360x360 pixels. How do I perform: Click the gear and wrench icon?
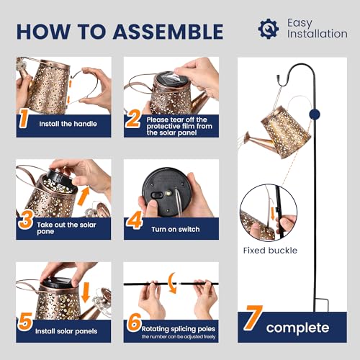pos(269,29)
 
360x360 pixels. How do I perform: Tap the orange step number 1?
pos(24,119)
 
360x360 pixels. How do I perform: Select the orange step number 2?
pos(132,119)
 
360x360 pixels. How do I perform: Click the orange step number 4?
pos(134,220)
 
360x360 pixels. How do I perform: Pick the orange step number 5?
pos(25,322)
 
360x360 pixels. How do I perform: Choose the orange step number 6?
pos(134,322)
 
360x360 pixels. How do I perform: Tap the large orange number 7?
pos(252,318)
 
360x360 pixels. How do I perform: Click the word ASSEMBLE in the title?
pos(168,32)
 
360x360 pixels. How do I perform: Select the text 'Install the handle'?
pos(68,124)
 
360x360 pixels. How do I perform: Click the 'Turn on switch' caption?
pos(176,230)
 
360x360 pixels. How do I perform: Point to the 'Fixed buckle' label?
pos(270,251)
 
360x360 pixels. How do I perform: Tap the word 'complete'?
pos(297,328)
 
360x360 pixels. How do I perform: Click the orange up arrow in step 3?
pos(84,195)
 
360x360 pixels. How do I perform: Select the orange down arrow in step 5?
pos(86,292)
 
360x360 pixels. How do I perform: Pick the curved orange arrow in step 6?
pos(172,283)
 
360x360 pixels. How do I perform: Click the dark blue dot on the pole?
pos(315,115)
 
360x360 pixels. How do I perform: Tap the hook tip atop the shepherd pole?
pos(278,78)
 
